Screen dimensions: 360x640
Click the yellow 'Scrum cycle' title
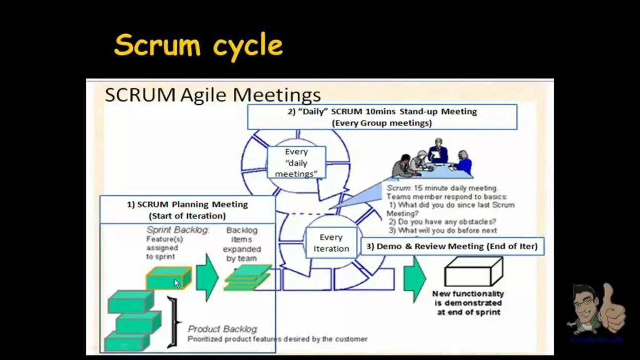coord(198,46)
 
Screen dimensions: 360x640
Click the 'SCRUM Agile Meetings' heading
coord(213,95)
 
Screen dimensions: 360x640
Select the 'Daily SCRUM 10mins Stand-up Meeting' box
coord(382,117)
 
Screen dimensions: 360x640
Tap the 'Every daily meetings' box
coord(296,163)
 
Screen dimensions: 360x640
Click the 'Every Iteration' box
coord(331,243)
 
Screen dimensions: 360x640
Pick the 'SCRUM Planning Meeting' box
coord(187,210)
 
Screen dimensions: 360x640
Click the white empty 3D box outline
coord(473,272)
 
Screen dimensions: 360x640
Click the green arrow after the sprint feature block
coord(207,277)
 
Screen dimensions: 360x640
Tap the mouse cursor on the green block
coord(176,283)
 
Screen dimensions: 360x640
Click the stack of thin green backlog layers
coord(248,278)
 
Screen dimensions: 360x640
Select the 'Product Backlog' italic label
coord(223,329)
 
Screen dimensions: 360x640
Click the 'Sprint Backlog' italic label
coord(178,230)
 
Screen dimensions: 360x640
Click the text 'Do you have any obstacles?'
coord(442,222)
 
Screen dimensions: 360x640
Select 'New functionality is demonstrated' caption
coord(468,303)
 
